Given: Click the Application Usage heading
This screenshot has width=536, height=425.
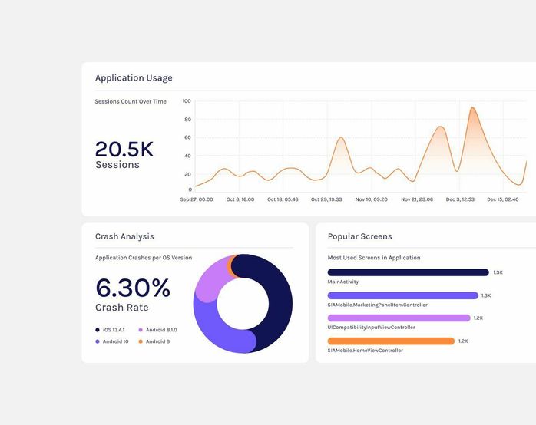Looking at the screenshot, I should (134, 77).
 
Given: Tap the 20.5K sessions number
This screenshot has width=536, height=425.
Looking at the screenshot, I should (124, 150).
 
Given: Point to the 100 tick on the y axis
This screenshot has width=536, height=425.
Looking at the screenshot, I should (187, 101).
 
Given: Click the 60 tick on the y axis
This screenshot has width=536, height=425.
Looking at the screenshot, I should (187, 137).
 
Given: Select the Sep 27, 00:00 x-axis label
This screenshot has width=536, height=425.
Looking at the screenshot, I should (197, 199).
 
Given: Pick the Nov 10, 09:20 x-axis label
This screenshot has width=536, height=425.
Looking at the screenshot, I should (371, 199).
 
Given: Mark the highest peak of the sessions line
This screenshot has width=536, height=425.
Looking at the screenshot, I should (472, 108).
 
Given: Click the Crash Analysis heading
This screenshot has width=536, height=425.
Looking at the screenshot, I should (124, 236).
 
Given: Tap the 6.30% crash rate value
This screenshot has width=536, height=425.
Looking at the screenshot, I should (133, 288).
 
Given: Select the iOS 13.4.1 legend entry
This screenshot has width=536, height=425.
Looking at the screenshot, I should (117, 330).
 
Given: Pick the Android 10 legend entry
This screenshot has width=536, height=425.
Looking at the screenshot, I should (115, 341).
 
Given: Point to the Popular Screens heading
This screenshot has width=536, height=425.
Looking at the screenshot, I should (359, 236).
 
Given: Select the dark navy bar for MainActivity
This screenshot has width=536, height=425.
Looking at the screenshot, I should (408, 272).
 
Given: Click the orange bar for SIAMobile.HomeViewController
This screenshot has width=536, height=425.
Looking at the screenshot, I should (391, 341).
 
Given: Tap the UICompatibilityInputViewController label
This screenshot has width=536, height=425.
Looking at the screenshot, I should (371, 328).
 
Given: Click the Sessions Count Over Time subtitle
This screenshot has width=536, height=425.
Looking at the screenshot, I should (131, 101).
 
